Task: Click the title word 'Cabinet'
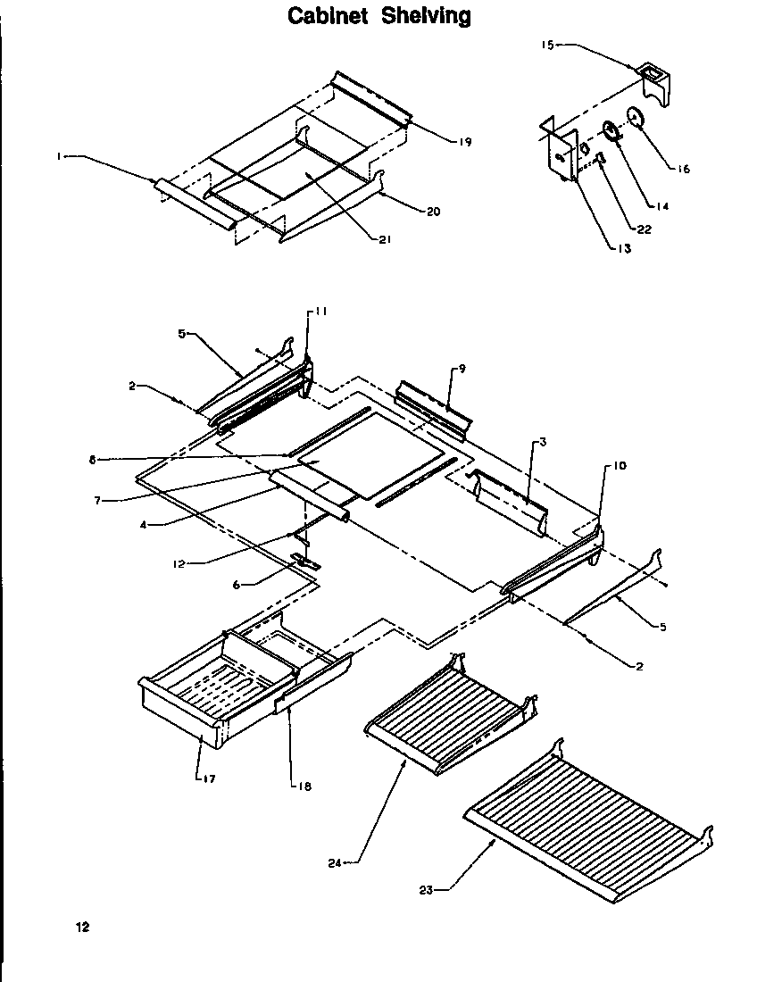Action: (x=329, y=16)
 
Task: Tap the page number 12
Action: (x=82, y=927)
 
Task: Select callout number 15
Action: (x=548, y=42)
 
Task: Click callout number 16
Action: (x=684, y=168)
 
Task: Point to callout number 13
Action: (x=624, y=248)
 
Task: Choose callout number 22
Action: (x=644, y=229)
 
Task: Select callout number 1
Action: (x=58, y=156)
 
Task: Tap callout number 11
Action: (x=321, y=311)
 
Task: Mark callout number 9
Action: (x=462, y=368)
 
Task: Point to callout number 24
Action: (x=335, y=862)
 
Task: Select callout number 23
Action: (x=425, y=887)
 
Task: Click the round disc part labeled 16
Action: (x=635, y=118)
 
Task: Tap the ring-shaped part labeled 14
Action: (x=611, y=132)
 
